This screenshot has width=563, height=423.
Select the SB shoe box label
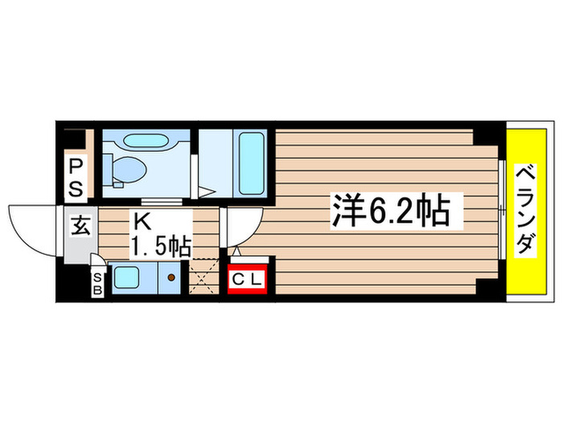point(98,283)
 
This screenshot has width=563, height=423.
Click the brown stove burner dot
point(171,278)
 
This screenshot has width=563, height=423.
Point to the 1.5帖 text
point(162,246)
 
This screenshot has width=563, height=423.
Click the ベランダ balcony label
point(527,211)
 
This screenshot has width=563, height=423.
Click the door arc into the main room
point(244,228)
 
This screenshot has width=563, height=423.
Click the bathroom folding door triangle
point(208,191)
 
